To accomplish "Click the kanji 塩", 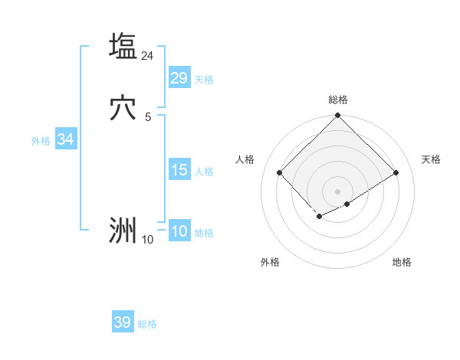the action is tap(123, 46).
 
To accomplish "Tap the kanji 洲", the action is tap(123, 230).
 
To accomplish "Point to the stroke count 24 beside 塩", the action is tap(148, 56).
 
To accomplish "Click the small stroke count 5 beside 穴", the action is tap(148, 116).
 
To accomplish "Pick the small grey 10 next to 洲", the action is tap(148, 240).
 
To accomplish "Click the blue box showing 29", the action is tap(179, 78).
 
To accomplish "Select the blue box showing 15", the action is tap(179, 170).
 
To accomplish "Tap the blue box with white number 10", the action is tap(179, 231).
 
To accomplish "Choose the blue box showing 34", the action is tap(65, 139).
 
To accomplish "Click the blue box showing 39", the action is tap(123, 322).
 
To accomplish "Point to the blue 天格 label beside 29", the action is tap(204, 80).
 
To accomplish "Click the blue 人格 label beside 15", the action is tap(204, 172).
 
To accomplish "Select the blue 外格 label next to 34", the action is tap(41, 141).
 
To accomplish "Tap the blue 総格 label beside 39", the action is tap(147, 324).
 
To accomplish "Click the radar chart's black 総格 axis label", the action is tap(338, 100).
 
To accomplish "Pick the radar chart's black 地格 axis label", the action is tap(402, 262).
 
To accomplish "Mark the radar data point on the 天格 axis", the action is tap(396, 173).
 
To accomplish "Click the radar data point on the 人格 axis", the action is tap(280, 173).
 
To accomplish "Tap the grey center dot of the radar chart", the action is tap(338, 191).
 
